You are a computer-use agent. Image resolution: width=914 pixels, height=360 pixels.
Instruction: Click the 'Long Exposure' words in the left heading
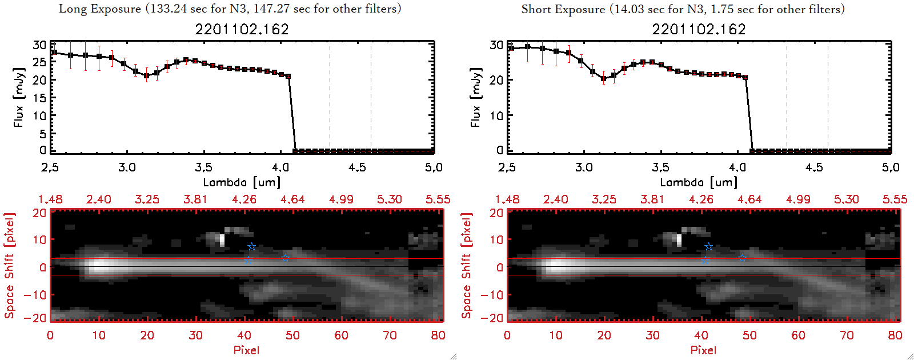[x=100, y=9]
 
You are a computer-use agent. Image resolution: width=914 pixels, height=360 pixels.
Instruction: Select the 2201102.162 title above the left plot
[x=242, y=29]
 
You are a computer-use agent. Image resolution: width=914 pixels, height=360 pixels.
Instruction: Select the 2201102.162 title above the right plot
[x=699, y=29]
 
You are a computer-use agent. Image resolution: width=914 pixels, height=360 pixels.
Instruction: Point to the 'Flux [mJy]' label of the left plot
[x=19, y=97]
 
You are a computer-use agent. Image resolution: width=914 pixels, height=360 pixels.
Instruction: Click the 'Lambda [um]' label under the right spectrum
[x=699, y=182]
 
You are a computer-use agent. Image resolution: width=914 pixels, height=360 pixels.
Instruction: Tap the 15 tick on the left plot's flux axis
[x=39, y=98]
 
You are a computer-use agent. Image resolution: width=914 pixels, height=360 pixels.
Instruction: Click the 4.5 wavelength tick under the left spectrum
[x=357, y=167]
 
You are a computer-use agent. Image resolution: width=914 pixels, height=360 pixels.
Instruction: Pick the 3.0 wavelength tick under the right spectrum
[x=584, y=167]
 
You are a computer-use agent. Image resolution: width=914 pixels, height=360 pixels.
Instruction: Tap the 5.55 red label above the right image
[x=895, y=199]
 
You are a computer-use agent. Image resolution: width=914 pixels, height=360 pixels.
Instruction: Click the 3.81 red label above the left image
[x=195, y=199]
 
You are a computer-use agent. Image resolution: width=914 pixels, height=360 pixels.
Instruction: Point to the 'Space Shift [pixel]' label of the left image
[x=9, y=266]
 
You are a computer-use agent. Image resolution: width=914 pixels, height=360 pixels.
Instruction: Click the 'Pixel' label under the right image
[x=703, y=350]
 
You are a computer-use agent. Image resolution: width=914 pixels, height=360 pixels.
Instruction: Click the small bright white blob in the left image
[x=222, y=240]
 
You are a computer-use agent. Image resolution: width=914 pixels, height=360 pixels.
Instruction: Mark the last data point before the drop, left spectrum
[x=288, y=76]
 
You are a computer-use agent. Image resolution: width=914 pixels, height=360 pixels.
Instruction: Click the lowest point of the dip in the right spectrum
[x=604, y=79]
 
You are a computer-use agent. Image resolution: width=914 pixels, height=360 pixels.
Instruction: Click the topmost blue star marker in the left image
[x=251, y=247]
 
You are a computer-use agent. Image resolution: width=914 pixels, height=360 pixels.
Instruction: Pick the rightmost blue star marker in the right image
[x=742, y=258]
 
